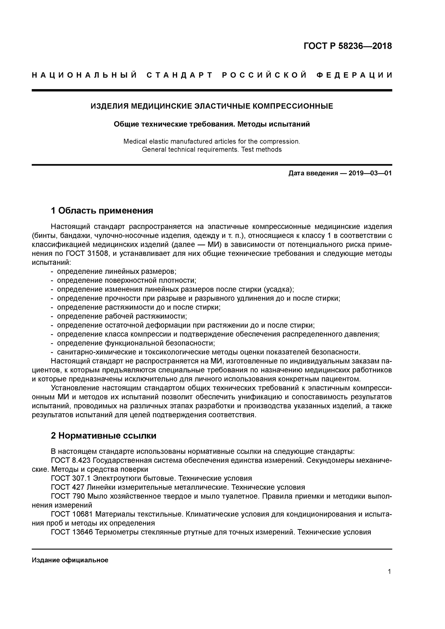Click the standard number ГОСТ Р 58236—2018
pyautogui.click(x=348, y=46)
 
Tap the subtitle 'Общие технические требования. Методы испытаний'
pyautogui.click(x=212, y=124)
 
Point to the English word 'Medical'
pyautogui.click(x=135, y=141)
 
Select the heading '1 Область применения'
pyautogui.click(x=102, y=211)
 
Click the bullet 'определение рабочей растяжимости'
pyautogui.click(x=122, y=316)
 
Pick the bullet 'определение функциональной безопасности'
pyautogui.click(x=136, y=343)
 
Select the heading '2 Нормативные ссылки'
pyautogui.click(x=103, y=436)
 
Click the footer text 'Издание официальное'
pyautogui.click(x=70, y=560)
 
